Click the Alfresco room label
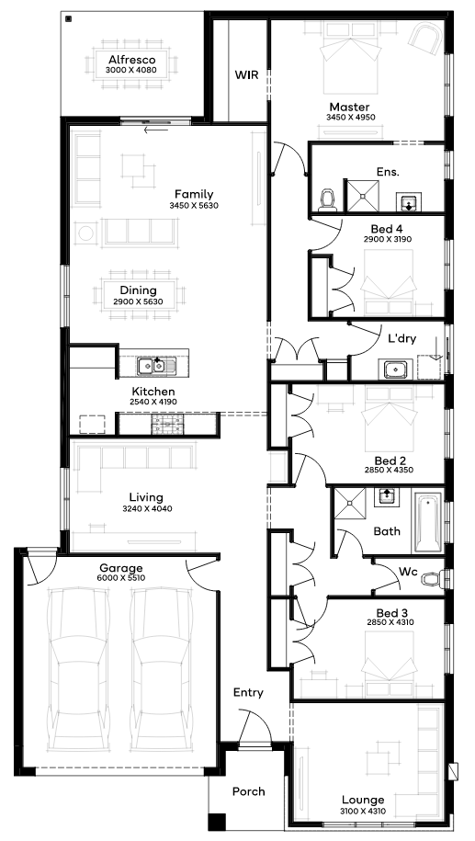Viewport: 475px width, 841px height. [x=132, y=60]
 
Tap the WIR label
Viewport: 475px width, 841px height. [x=246, y=75]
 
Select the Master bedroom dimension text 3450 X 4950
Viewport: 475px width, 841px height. [x=351, y=118]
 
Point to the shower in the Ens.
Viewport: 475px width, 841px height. [x=361, y=195]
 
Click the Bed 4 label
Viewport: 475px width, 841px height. [x=387, y=230]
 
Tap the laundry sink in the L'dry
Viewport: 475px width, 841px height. [x=396, y=369]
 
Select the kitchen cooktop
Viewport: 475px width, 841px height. [x=168, y=425]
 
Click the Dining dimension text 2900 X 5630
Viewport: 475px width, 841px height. [x=139, y=302]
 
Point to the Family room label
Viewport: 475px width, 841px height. [x=194, y=194]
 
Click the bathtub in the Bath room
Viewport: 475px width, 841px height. [x=427, y=523]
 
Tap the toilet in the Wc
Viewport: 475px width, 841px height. [x=433, y=579]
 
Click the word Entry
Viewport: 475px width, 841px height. [x=248, y=692]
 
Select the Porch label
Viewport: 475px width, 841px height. [x=249, y=791]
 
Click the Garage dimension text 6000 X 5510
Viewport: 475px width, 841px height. [x=121, y=577]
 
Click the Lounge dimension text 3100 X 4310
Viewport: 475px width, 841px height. [x=363, y=812]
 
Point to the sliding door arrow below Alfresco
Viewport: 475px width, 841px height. [x=156, y=130]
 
